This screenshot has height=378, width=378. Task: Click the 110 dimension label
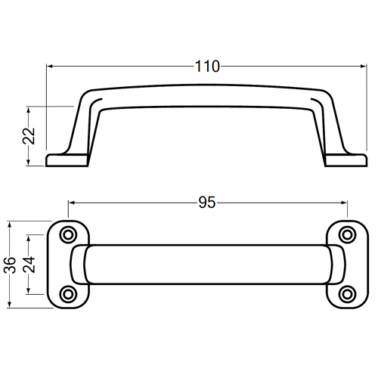207,67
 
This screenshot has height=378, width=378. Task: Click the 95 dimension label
207,203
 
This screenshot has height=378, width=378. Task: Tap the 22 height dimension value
29,136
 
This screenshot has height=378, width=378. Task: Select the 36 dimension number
10,265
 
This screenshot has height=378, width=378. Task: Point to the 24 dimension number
29,265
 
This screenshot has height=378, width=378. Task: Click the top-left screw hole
68,235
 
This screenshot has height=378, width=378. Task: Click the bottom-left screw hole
68,294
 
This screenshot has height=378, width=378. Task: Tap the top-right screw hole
348,235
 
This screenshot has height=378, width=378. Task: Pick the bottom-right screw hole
348,294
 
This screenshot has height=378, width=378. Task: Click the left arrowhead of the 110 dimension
50,67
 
